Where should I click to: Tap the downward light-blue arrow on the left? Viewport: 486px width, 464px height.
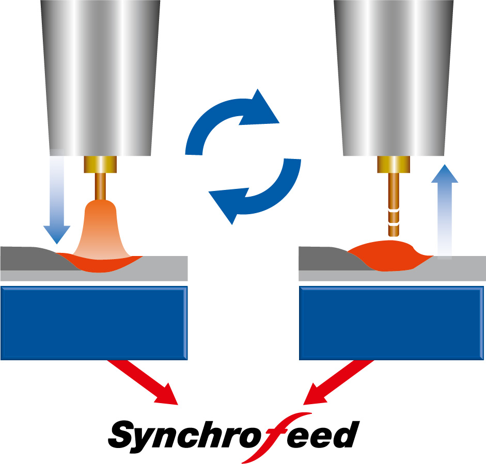(x=56, y=206)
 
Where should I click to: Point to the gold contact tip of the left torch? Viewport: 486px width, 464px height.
(x=100, y=165)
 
